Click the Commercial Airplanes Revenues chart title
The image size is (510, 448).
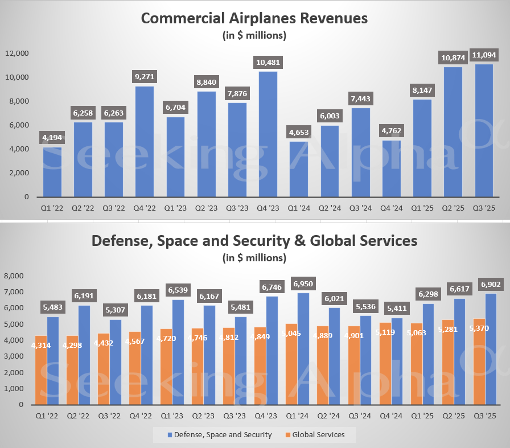(x=254, y=18)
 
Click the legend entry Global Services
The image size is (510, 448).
(x=318, y=435)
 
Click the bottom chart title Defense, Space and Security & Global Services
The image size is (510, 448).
(x=254, y=241)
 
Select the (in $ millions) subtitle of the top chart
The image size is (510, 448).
(x=254, y=35)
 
